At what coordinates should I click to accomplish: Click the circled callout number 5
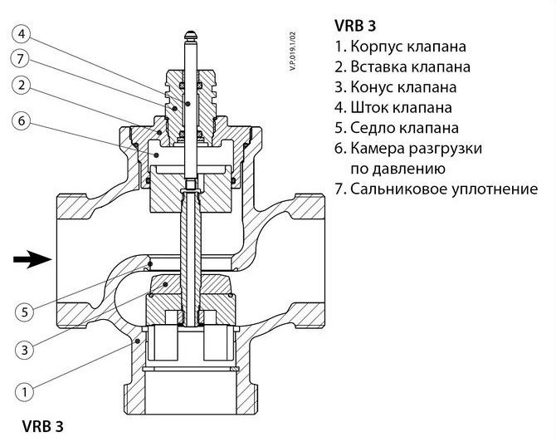25,312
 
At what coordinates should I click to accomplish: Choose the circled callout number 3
25,350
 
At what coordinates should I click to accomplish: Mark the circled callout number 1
25,389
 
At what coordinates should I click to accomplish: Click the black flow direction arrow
32,261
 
